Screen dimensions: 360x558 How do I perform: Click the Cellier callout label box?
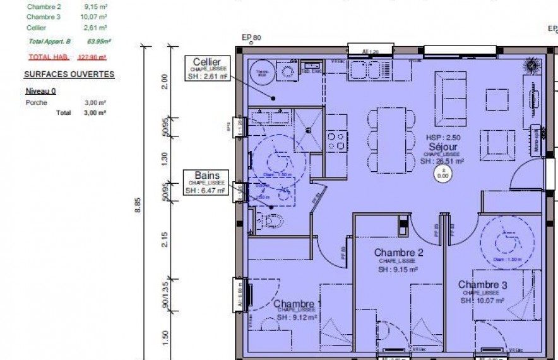207,69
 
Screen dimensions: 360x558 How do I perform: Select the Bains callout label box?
206,182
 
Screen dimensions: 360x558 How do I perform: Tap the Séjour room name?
442,146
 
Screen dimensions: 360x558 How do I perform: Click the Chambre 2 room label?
398,253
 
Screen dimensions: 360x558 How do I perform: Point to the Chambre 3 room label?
482,285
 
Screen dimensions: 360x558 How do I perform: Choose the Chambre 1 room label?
298,303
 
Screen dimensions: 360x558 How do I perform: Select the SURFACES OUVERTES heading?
69,75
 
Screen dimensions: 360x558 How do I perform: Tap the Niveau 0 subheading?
40,91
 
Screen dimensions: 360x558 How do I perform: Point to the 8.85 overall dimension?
138,206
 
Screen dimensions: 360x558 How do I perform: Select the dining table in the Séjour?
392,138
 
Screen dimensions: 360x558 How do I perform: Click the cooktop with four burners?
336,140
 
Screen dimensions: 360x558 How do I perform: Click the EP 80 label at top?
251,38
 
